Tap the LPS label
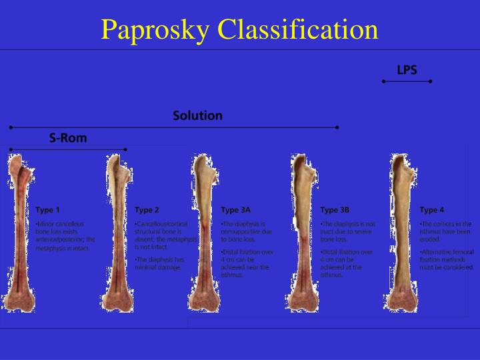(407, 69)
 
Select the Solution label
(197, 115)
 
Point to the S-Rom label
(68, 138)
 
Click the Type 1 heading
(47, 209)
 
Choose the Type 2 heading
(147, 209)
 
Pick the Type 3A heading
(235, 209)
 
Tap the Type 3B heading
(335, 209)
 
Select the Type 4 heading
(431, 209)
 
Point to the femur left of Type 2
(117, 233)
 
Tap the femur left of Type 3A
(203, 233)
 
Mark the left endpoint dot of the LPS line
(383, 81)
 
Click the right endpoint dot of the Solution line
(337, 127)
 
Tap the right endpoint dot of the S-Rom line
(125, 149)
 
